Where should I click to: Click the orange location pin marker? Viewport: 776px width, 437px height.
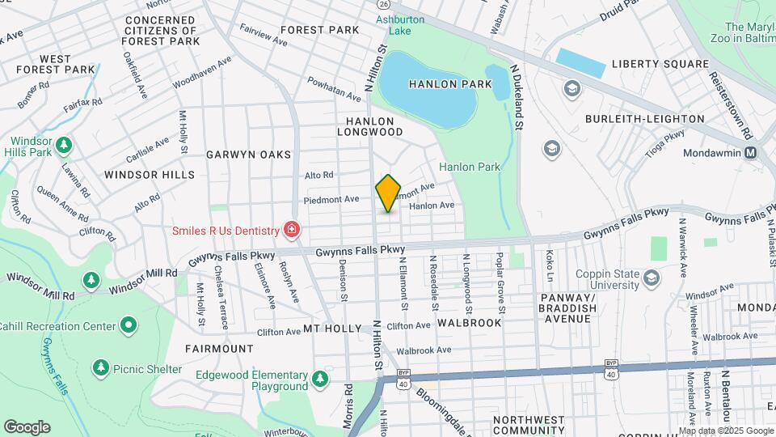tap(389, 193)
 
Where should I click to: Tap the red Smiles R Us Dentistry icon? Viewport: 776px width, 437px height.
tap(291, 231)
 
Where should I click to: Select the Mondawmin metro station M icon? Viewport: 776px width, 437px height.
tap(751, 152)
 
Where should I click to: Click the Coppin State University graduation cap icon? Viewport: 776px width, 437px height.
tap(651, 278)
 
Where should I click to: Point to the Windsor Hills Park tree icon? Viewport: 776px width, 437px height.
tap(63, 145)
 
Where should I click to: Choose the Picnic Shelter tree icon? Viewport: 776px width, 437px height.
tap(100, 369)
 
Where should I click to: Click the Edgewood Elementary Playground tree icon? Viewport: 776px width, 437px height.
tap(321, 378)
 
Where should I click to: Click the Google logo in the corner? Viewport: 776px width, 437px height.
tap(27, 426)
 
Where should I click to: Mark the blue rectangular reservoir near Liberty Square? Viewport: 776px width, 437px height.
tap(580, 63)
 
